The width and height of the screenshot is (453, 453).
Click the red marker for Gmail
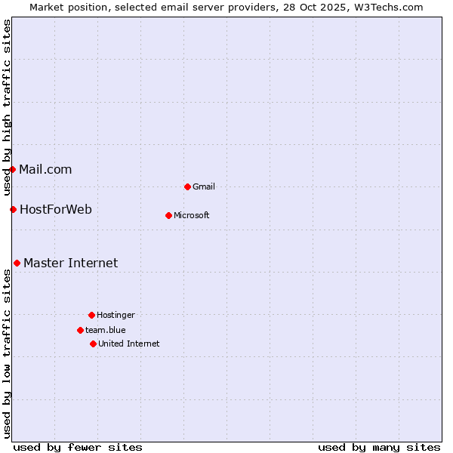click(187, 186)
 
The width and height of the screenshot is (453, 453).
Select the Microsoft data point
click(168, 215)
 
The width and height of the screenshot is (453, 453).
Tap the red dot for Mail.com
click(13, 169)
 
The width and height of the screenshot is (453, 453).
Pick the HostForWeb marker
click(13, 209)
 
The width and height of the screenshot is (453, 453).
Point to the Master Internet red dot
click(17, 263)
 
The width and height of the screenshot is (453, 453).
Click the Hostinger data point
click(91, 315)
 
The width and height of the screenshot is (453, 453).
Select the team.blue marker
click(80, 330)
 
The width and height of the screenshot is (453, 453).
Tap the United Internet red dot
click(93, 344)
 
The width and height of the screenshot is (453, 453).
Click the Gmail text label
click(204, 186)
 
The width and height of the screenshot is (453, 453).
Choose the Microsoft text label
click(192, 215)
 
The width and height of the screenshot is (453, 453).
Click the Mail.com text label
click(45, 169)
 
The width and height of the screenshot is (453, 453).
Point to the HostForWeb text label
click(56, 209)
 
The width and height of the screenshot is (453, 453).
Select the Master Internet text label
click(71, 263)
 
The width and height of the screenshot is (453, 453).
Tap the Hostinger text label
click(116, 315)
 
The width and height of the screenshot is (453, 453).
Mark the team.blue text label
click(106, 330)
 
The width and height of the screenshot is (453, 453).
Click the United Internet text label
click(129, 344)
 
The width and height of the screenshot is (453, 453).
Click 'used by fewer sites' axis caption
click(78, 447)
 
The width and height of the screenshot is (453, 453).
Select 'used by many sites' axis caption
click(379, 447)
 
